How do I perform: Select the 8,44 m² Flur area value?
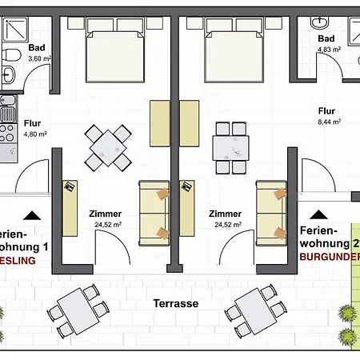tap(330, 122)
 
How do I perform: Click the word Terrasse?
tap(177, 304)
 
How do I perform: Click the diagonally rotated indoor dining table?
tap(107, 146)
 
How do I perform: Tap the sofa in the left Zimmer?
tap(153, 211)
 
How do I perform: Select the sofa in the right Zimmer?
tap(270, 211)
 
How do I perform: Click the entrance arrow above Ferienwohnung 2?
tap(320, 215)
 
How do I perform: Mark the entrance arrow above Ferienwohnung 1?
tap(32, 215)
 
